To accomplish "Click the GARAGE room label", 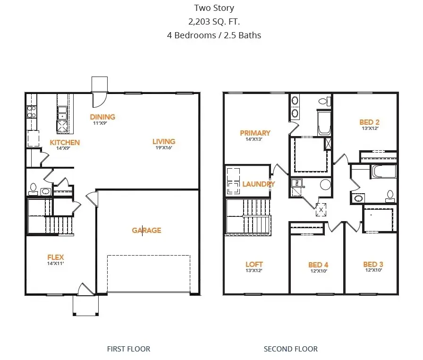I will (x=146, y=231).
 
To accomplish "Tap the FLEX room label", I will (x=55, y=257).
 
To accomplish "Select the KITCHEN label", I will (x=65, y=143).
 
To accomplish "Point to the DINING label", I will (x=102, y=117).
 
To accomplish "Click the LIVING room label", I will (x=164, y=141).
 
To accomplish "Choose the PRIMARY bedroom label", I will (x=255, y=133).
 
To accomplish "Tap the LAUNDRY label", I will (x=258, y=184).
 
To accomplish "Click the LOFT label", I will (x=254, y=265).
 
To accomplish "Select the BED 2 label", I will (x=369, y=122).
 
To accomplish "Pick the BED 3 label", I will (x=373, y=265).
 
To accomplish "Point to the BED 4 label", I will (x=318, y=265).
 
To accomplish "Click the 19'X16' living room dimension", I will (x=164, y=147).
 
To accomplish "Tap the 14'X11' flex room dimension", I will (x=55, y=263).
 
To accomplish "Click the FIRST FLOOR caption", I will (x=128, y=349).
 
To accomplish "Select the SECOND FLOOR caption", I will (x=290, y=349).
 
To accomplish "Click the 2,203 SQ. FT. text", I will (x=214, y=21).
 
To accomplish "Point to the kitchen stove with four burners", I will (x=32, y=111).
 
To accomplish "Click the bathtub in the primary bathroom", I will (x=324, y=123).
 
